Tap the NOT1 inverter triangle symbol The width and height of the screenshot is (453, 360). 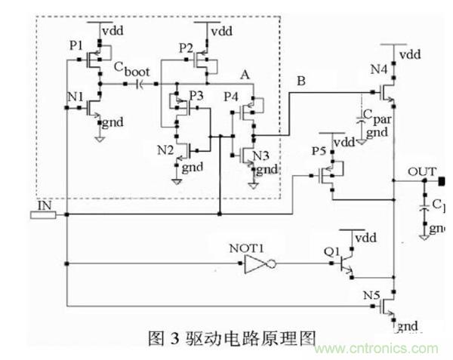[x=256, y=264]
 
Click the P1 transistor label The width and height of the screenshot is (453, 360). [x=75, y=46]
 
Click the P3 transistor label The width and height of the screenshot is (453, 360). [x=196, y=95]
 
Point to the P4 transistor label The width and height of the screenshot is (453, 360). [x=231, y=96]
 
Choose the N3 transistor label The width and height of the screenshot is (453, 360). [x=260, y=155]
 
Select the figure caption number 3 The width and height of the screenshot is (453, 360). [x=174, y=337]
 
